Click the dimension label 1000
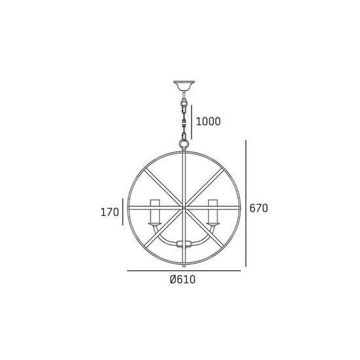207,121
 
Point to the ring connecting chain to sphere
184,140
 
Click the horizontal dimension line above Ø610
184,270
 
